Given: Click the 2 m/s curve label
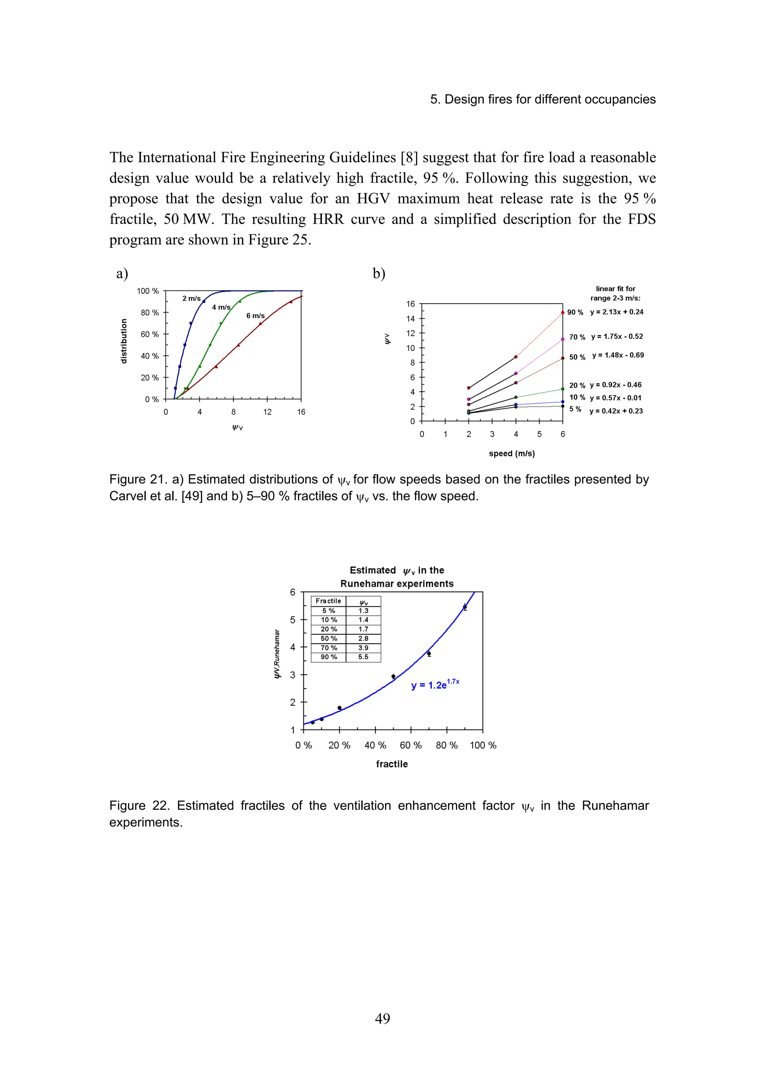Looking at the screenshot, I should tap(191, 298).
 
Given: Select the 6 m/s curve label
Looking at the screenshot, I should tap(255, 316).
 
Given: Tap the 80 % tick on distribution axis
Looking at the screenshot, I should tap(149, 313).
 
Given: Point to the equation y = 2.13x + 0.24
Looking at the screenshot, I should tap(617, 312).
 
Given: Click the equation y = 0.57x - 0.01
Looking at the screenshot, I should tap(615, 398).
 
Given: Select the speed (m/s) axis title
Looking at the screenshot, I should tap(511, 453).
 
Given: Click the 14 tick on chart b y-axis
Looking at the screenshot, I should tap(411, 318).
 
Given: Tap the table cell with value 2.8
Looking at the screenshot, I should tap(363, 638).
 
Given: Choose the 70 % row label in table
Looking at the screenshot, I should tap(329, 648).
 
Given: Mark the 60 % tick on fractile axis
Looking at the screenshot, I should tap(411, 745).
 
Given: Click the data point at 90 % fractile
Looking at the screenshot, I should tap(465, 607).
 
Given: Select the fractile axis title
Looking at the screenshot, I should tap(392, 764).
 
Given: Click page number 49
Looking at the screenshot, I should tap(382, 1019).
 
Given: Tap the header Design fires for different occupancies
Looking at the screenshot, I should tap(542, 99).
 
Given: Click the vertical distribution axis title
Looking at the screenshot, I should tap(124, 341).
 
